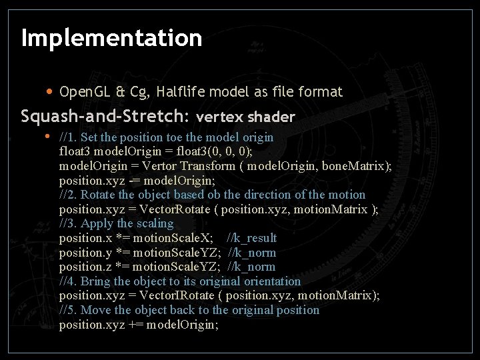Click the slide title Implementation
tap(111, 38)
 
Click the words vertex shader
tap(245, 117)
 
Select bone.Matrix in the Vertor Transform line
tap(355, 166)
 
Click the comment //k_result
tap(251, 238)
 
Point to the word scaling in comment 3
tap(154, 223)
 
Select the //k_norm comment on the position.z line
tap(251, 267)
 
